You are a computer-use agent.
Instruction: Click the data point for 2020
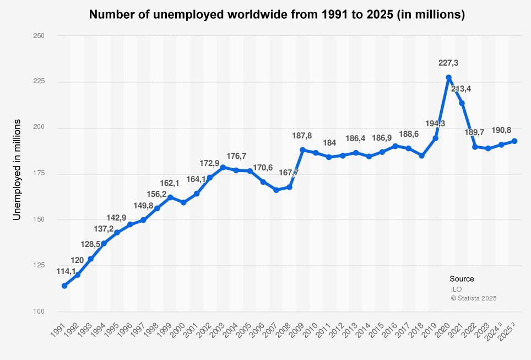(x=448, y=78)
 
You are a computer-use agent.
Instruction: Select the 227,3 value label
(x=448, y=63)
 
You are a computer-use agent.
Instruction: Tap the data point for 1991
(x=64, y=286)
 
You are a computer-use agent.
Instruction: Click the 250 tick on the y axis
(x=39, y=36)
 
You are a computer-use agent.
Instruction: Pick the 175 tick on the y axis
(x=39, y=174)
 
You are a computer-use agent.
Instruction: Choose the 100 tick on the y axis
(x=39, y=311)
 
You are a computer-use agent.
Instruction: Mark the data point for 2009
(x=302, y=150)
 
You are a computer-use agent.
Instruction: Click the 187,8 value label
(x=302, y=136)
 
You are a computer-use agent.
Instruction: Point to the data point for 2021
(x=462, y=103)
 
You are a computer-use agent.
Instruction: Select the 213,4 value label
(x=461, y=89)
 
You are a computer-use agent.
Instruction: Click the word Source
(x=462, y=279)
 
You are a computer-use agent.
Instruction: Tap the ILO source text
(x=456, y=289)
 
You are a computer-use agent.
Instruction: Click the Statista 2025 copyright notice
(x=474, y=298)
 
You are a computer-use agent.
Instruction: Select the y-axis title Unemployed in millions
(x=17, y=170)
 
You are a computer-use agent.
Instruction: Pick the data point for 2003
(x=223, y=167)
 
